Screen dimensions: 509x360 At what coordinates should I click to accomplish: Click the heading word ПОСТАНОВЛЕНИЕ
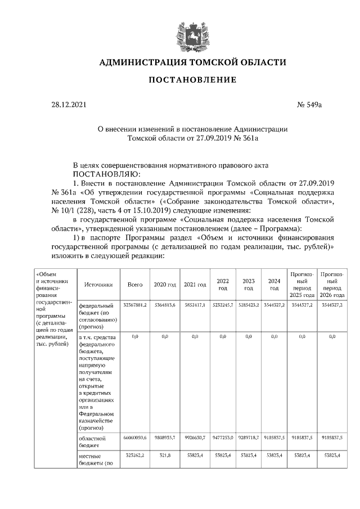[192, 80]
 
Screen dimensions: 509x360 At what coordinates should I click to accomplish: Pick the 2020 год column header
[165, 285]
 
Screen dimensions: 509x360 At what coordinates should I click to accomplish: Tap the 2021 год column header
[195, 285]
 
